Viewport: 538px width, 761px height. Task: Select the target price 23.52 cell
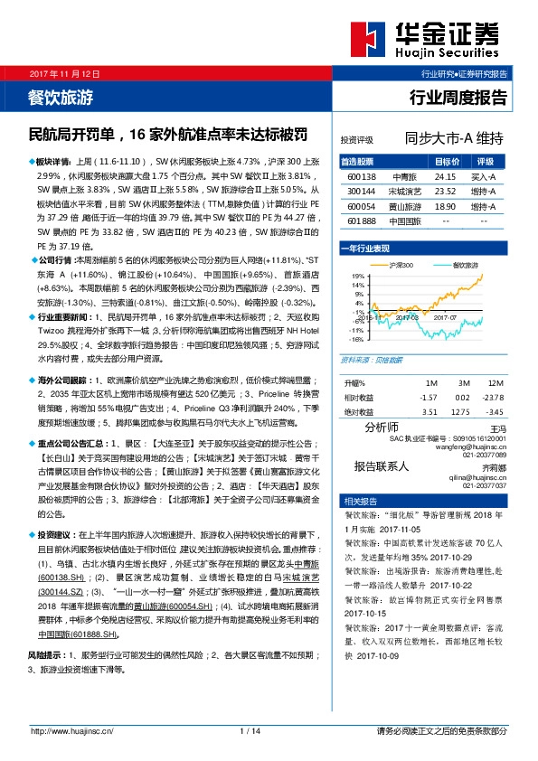point(446,193)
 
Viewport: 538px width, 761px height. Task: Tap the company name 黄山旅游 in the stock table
point(403,207)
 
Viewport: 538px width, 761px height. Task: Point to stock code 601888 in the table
point(361,221)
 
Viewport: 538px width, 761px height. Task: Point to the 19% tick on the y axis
point(357,276)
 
